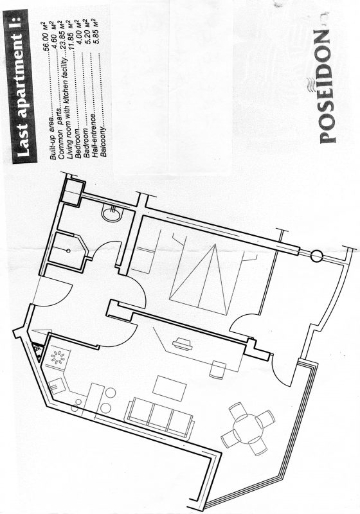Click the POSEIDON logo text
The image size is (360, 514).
pos(325,87)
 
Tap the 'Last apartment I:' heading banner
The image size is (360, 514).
pos(21,86)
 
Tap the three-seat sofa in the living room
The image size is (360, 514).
pos(159,418)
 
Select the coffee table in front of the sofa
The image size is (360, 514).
pos(170,389)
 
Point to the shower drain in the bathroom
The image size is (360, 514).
pos(68,251)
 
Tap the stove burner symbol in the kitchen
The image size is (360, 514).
pos(59,357)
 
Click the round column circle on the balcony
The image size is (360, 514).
pos(316,256)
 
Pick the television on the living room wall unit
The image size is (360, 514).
pos(182,344)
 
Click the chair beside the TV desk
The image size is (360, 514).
pos(218,370)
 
